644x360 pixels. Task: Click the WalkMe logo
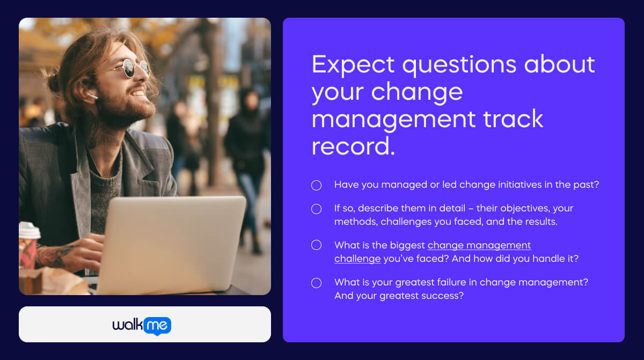(142, 325)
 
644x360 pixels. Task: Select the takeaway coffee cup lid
(29, 231)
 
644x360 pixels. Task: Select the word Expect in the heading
(353, 65)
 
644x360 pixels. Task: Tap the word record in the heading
(353, 146)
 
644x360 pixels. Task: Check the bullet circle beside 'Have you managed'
(316, 185)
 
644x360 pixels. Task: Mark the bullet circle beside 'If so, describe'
(316, 209)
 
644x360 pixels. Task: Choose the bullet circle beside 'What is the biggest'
(316, 245)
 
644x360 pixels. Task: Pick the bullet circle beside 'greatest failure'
(316, 283)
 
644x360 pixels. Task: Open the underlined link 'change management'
(479, 245)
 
